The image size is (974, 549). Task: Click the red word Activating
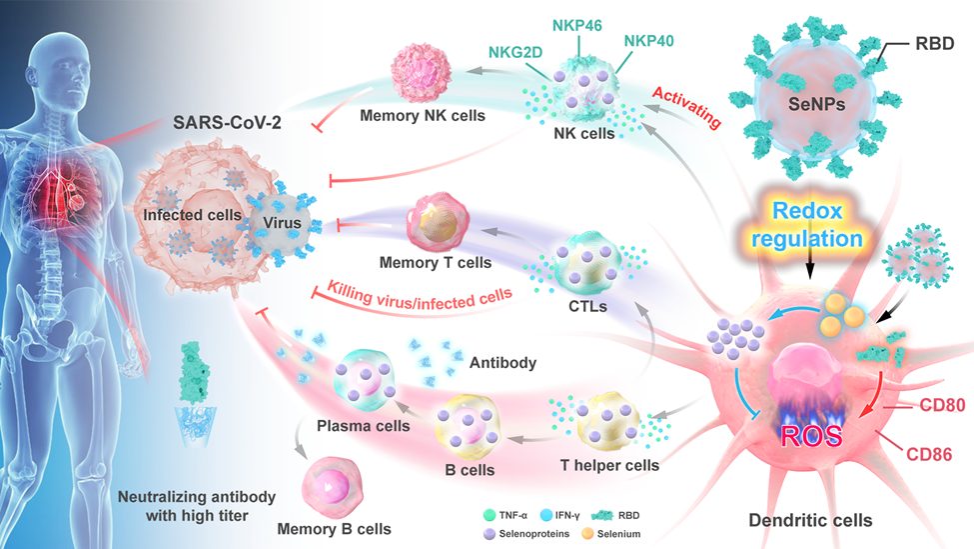click(x=685, y=107)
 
